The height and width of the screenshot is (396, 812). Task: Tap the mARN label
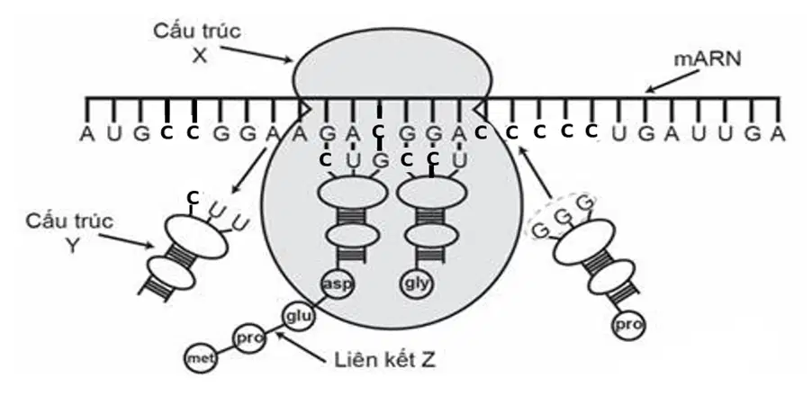pyautogui.click(x=707, y=59)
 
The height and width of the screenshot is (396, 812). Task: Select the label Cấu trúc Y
pyautogui.click(x=70, y=233)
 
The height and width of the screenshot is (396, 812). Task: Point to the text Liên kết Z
pyautogui.click(x=384, y=360)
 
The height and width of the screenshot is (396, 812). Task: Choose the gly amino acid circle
pyautogui.click(x=417, y=284)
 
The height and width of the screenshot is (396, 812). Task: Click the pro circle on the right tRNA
pyautogui.click(x=628, y=326)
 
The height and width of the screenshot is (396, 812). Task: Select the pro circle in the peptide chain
pyautogui.click(x=249, y=338)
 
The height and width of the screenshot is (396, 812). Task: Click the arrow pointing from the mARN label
pyautogui.click(x=672, y=82)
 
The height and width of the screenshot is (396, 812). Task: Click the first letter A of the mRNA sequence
pyautogui.click(x=87, y=134)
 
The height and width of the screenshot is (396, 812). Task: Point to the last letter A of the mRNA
pyautogui.click(x=777, y=134)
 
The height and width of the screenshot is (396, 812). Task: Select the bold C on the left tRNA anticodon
pyautogui.click(x=193, y=197)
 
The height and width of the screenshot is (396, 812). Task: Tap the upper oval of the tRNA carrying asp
pyautogui.click(x=352, y=194)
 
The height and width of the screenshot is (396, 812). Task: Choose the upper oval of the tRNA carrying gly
pyautogui.click(x=432, y=194)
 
